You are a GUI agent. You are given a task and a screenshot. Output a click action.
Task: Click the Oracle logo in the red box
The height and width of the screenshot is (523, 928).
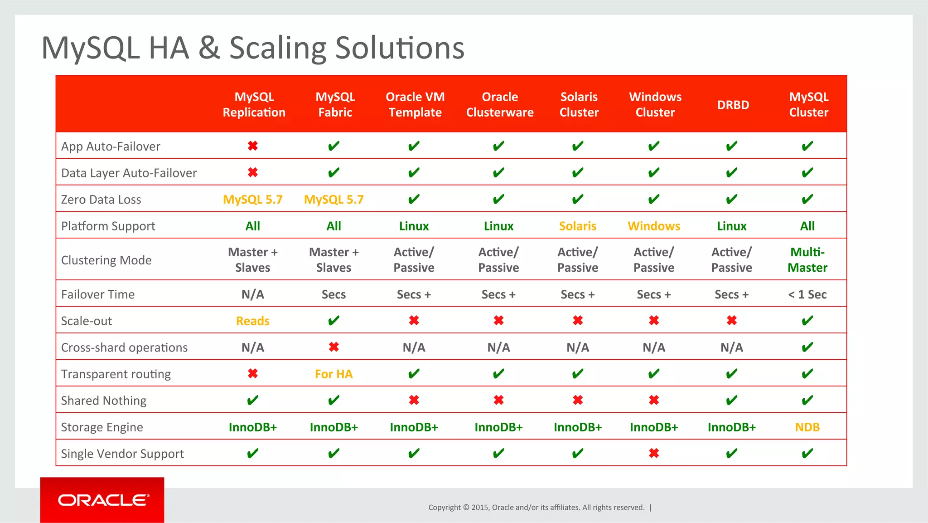pyautogui.click(x=102, y=500)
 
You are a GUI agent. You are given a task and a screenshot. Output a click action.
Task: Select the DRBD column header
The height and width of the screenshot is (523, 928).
pyautogui.click(x=733, y=105)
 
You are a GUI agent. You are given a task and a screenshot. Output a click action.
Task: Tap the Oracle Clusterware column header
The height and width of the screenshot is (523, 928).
pyautogui.click(x=499, y=104)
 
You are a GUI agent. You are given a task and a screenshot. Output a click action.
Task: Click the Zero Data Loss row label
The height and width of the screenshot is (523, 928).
pyautogui.click(x=101, y=200)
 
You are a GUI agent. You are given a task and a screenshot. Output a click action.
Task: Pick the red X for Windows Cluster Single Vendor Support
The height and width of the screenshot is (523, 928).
pyautogui.click(x=653, y=453)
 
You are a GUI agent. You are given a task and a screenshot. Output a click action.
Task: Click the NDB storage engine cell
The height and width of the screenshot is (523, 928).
pyautogui.click(x=807, y=427)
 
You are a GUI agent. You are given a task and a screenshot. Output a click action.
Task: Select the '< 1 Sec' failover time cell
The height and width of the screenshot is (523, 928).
pyautogui.click(x=807, y=294)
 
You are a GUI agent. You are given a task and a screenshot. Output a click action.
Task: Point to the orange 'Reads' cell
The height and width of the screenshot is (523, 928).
pyautogui.click(x=252, y=321)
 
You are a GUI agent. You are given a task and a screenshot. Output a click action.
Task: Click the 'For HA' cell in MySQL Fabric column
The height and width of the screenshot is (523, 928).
pyautogui.click(x=333, y=374)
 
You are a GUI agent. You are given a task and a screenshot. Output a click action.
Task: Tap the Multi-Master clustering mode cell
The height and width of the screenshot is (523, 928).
pyautogui.click(x=807, y=259)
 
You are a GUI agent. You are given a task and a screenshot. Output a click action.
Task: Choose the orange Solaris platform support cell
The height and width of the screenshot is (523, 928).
pyautogui.click(x=577, y=226)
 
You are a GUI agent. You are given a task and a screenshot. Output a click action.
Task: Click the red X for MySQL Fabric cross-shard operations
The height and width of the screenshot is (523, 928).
pyautogui.click(x=333, y=347)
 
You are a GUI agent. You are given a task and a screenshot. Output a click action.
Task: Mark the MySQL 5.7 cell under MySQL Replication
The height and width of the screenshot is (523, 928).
pyautogui.click(x=252, y=200)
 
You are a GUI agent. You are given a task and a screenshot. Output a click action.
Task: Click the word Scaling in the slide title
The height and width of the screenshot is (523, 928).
pyautogui.click(x=277, y=48)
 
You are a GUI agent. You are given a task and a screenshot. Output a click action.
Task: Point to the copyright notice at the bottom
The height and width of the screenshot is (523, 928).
pyautogui.click(x=536, y=507)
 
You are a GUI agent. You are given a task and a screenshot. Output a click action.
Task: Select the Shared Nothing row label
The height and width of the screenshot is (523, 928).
pyautogui.click(x=104, y=401)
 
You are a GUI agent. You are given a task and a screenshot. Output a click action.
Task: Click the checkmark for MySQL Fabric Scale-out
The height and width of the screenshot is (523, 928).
pyautogui.click(x=333, y=321)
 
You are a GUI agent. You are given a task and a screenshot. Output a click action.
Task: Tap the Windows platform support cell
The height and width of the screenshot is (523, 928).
pyautogui.click(x=653, y=226)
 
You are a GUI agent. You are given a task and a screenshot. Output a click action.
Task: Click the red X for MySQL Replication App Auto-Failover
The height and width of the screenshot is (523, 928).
pyautogui.click(x=252, y=146)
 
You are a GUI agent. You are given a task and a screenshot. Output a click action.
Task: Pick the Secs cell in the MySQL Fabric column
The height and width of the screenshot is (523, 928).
pyautogui.click(x=333, y=294)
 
